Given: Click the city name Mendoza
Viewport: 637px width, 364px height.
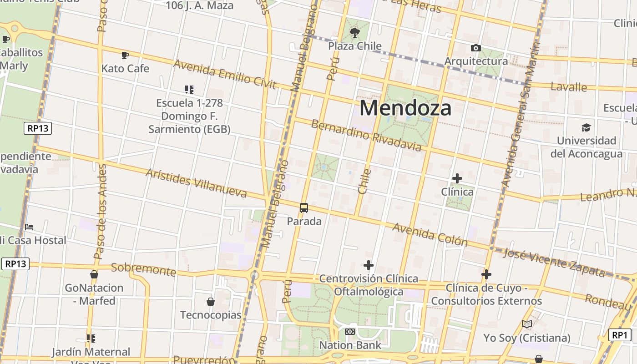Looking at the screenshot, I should pyautogui.click(x=405, y=108).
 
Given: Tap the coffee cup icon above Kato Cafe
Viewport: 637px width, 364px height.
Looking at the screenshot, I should pyautogui.click(x=125, y=56).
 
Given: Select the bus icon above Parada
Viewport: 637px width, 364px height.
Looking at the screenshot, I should pyautogui.click(x=304, y=208).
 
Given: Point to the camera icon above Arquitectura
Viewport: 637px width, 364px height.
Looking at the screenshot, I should pyautogui.click(x=476, y=48).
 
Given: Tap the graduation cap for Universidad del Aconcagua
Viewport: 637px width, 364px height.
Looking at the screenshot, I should pyautogui.click(x=586, y=127).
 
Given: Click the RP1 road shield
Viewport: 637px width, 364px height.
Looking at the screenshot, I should pyautogui.click(x=620, y=335).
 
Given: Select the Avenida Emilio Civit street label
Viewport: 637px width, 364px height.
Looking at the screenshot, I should pyautogui.click(x=225, y=74).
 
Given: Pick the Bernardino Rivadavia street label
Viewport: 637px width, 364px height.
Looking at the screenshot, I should pyautogui.click(x=366, y=135).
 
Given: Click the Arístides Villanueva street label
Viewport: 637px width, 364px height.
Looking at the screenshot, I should pyautogui.click(x=196, y=183).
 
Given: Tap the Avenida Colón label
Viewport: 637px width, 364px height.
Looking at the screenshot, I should pyautogui.click(x=430, y=234).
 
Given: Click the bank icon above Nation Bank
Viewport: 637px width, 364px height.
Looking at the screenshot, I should pyautogui.click(x=349, y=332).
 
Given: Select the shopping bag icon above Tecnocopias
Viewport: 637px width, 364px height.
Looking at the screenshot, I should pyautogui.click(x=211, y=302).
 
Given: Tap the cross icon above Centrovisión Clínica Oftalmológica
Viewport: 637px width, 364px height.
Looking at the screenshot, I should pyautogui.click(x=369, y=265).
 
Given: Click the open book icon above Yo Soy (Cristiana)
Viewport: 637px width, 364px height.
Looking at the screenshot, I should pyautogui.click(x=527, y=324).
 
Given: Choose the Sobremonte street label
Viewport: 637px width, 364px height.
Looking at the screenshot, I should pyautogui.click(x=143, y=269).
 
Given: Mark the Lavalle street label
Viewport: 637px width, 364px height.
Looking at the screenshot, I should pyautogui.click(x=568, y=86).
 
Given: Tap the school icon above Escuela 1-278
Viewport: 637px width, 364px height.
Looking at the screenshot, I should pyautogui.click(x=189, y=90).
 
